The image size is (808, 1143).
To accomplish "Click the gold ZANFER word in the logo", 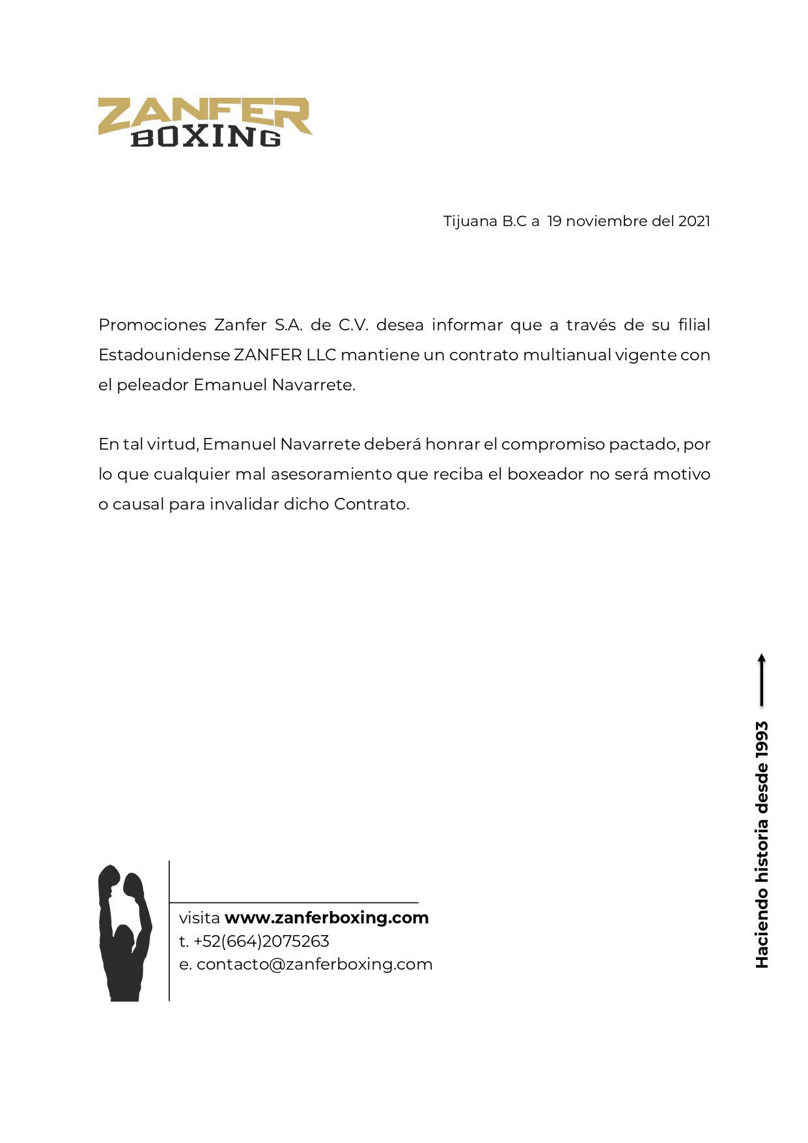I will point(204,115).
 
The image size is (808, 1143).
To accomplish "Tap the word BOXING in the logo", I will point(206,137).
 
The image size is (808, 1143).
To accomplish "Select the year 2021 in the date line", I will point(694,221).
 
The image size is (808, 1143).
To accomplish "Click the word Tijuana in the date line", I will point(470,222).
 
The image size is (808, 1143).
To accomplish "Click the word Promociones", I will point(152,325).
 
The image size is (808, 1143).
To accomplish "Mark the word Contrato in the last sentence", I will point(371,504).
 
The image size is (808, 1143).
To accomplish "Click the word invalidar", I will point(244,504).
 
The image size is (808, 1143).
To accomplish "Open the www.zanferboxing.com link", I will point(326,918).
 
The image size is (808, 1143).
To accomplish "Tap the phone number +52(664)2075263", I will point(261,941).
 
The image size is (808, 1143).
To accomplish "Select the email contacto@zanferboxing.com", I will point(314,964).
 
